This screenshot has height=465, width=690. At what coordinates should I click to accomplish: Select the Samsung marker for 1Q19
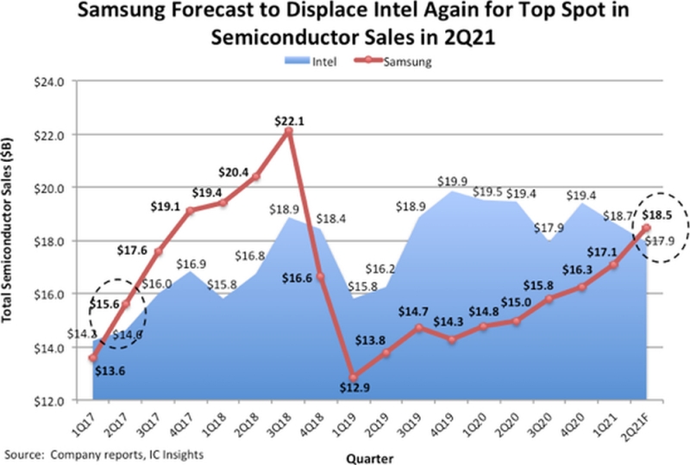(353, 376)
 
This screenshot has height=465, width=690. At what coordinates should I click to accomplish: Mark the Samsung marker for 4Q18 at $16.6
(320, 276)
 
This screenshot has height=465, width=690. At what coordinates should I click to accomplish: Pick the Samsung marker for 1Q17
(92, 357)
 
